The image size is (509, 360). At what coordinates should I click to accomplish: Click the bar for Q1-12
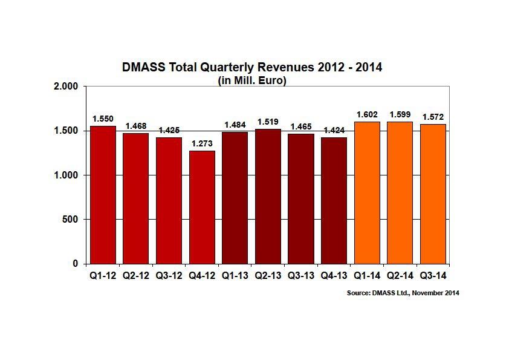click(103, 195)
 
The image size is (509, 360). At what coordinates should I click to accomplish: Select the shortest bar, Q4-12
click(202, 207)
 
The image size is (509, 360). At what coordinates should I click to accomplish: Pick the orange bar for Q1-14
click(367, 192)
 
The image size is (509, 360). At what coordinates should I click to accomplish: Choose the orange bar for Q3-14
click(433, 194)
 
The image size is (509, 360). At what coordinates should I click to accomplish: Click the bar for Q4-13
click(334, 200)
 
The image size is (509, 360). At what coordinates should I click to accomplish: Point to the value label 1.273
click(202, 145)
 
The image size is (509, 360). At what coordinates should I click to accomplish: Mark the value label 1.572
click(433, 117)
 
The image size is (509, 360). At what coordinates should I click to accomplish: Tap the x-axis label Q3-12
click(169, 275)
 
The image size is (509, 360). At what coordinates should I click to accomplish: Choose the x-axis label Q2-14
click(400, 275)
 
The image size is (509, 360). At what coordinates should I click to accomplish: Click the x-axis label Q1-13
click(235, 275)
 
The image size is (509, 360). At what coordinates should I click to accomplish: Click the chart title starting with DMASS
click(252, 67)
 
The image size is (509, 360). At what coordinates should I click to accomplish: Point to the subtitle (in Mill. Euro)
click(251, 80)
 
